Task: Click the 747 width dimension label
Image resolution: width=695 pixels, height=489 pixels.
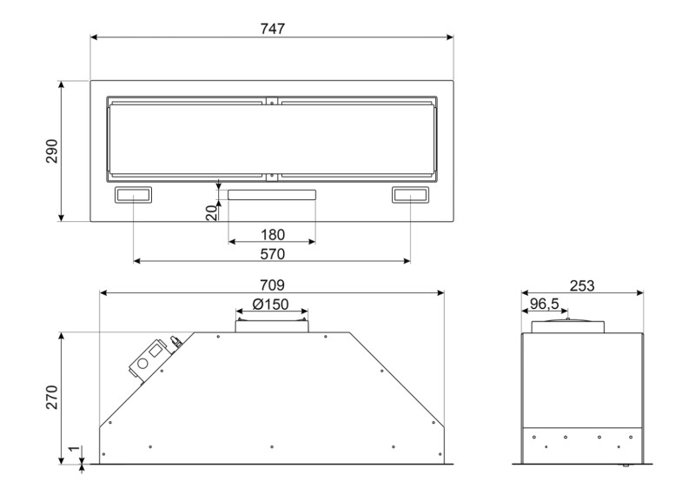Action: pos(272,28)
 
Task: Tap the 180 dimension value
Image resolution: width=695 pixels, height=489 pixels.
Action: pos(272,234)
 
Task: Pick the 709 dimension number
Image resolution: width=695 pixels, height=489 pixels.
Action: pos(272,285)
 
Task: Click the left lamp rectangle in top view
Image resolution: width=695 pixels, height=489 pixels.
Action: pos(134,196)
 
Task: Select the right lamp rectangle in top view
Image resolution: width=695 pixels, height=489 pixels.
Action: pos(410,196)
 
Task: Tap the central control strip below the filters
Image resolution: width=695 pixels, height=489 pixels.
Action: pos(272,195)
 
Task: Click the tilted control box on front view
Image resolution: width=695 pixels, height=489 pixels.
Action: pos(149,358)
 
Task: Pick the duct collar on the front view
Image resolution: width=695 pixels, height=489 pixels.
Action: pos(271,324)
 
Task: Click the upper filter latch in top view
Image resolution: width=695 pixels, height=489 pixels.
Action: pos(272,101)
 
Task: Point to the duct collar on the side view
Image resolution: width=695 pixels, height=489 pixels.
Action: pos(567,325)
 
